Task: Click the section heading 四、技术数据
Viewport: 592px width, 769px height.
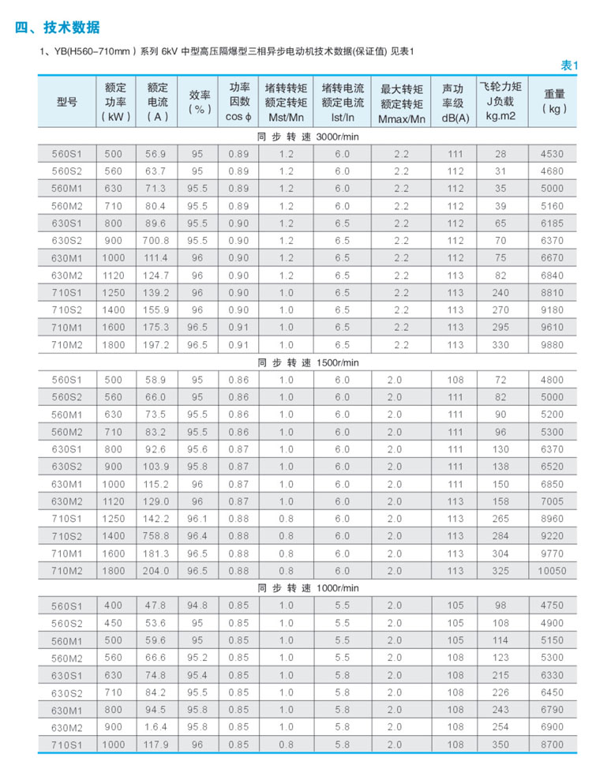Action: coord(58,28)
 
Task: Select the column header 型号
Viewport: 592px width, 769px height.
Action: coord(67,102)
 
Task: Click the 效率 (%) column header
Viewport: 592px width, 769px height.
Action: coord(199,102)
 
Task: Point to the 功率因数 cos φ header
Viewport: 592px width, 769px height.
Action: coord(238,102)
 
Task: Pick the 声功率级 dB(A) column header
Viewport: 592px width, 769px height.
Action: coord(455,102)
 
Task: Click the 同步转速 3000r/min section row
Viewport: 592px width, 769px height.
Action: coord(308,137)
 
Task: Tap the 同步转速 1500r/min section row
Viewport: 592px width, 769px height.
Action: coord(308,362)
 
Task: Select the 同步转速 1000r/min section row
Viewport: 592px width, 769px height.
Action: coord(308,588)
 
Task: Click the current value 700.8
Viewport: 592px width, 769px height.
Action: coord(156,240)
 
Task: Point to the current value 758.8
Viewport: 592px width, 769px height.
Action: coord(156,535)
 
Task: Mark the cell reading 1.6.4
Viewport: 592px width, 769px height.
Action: coord(156,726)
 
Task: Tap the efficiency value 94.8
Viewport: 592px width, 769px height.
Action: coord(197,606)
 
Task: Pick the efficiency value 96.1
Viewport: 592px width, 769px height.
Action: coord(197,519)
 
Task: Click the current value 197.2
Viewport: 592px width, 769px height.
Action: coord(156,344)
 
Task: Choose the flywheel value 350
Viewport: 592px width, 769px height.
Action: coord(500,744)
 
